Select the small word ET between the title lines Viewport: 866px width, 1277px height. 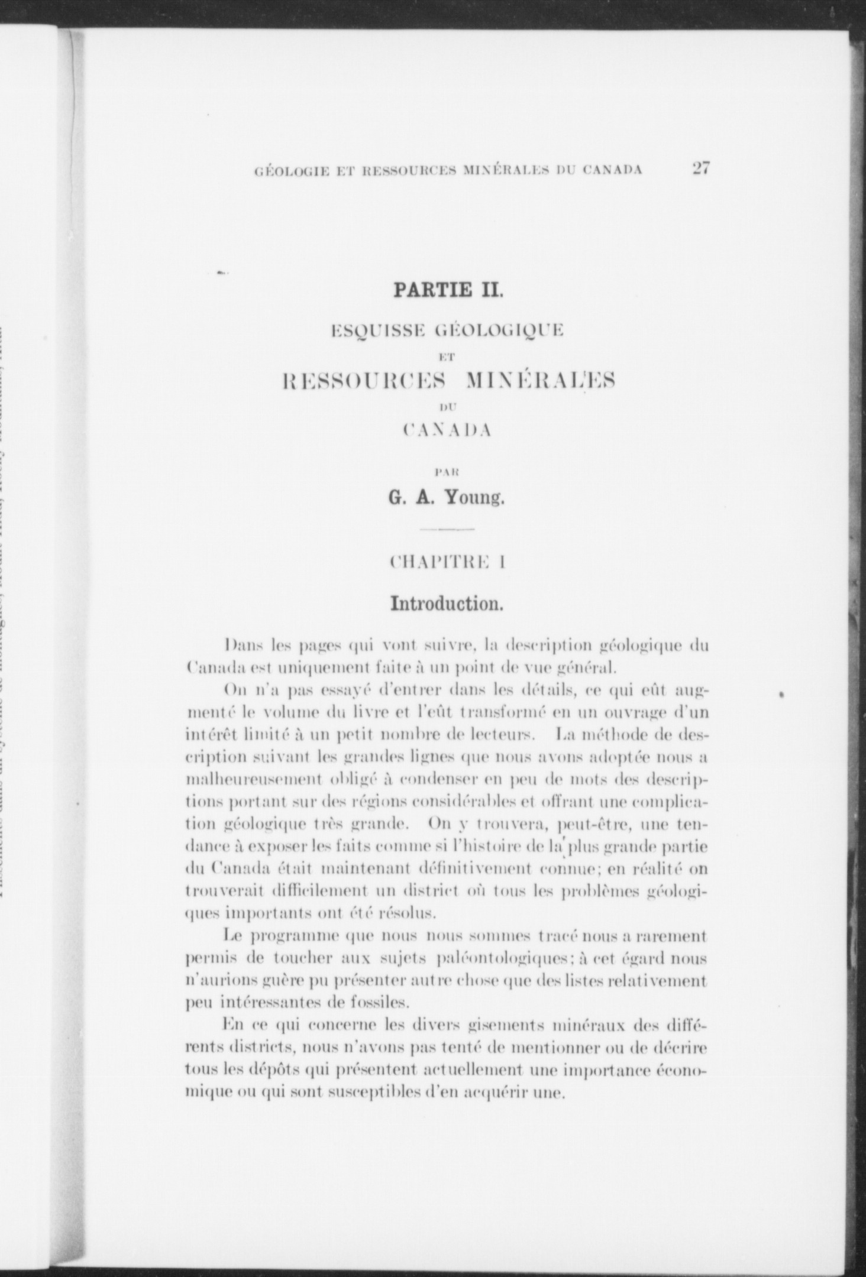(447, 356)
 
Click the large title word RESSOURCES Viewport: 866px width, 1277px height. (363, 383)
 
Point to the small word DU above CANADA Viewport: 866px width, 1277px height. (447, 407)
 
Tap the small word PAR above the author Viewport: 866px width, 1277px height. (447, 472)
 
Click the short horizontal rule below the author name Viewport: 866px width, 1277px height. (447, 529)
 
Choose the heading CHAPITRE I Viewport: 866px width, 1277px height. (447, 562)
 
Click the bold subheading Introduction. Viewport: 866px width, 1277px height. (447, 604)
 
